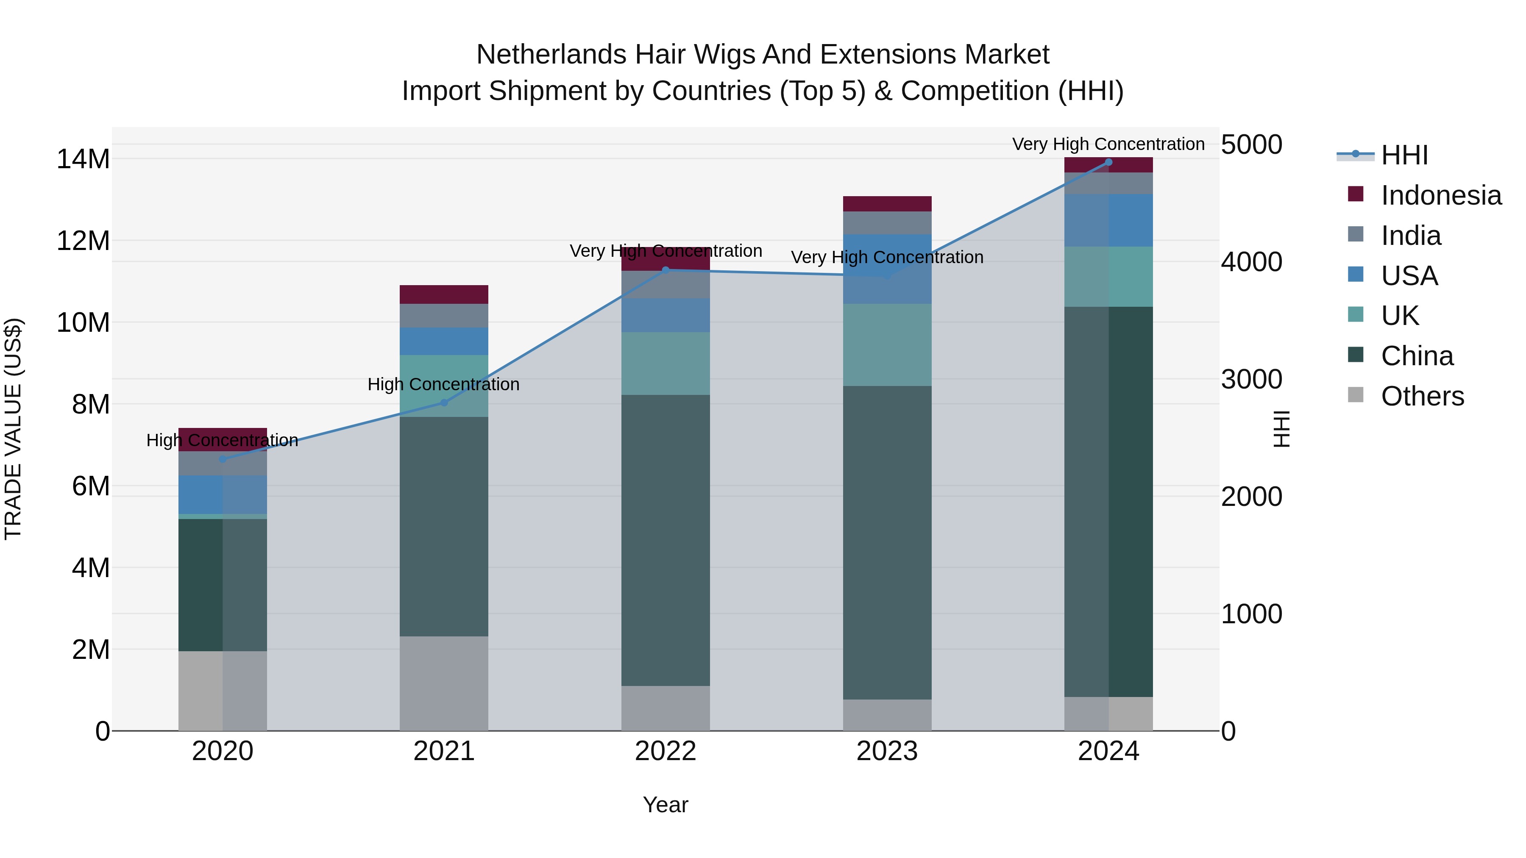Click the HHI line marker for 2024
(1108, 162)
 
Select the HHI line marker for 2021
(444, 403)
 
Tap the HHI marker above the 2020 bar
(223, 459)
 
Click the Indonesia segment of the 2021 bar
(444, 294)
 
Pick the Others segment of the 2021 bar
(444, 683)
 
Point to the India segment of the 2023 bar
(887, 222)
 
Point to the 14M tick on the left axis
(83, 159)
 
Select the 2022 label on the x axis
(665, 751)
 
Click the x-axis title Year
(665, 805)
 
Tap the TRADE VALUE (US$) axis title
(13, 429)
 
